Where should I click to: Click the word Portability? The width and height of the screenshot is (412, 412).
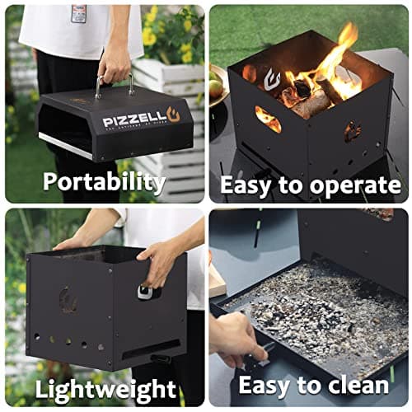103,181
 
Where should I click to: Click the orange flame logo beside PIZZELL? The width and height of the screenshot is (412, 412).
173,115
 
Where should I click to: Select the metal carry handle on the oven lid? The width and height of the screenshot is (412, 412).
114,85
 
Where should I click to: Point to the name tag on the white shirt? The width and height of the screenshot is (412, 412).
78,13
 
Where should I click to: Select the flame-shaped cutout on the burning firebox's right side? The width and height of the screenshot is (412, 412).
352,131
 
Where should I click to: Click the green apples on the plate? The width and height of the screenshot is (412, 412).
218,87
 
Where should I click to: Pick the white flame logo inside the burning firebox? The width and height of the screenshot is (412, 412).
272,79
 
